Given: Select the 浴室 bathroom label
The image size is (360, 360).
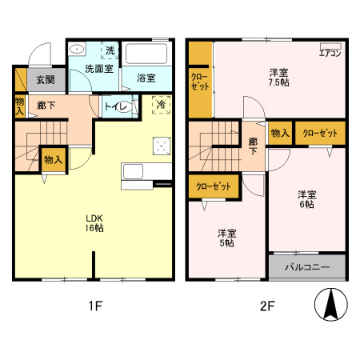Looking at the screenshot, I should (x=146, y=78).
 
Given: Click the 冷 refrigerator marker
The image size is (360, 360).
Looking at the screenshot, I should (x=161, y=104).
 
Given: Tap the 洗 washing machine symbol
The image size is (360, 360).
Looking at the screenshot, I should (x=110, y=51).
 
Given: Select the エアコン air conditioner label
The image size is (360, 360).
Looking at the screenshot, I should (x=330, y=54).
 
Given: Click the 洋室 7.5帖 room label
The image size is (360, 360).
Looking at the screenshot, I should (x=279, y=77).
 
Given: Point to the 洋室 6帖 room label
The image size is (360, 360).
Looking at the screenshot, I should (x=307, y=199).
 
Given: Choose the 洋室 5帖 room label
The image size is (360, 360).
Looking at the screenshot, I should (x=228, y=238).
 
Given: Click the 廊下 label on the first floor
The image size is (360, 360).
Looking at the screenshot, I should (x=46, y=105).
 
